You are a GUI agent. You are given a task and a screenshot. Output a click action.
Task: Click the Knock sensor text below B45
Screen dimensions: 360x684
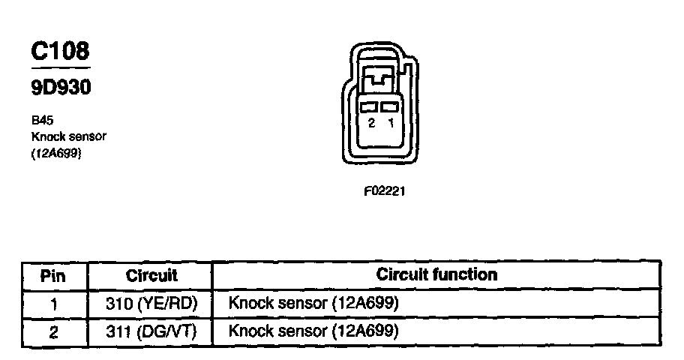69,136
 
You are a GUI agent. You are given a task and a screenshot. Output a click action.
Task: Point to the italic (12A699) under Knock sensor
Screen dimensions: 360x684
56,154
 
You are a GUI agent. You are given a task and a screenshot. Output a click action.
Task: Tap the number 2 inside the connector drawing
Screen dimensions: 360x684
371,124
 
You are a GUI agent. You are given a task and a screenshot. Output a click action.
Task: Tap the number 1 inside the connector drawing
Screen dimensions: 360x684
390,124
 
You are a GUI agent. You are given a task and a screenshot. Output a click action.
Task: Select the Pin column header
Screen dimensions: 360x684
52,275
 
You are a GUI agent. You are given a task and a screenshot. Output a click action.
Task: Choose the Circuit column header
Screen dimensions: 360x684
151,275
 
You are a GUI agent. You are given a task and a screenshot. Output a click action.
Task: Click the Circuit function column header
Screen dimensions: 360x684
436,274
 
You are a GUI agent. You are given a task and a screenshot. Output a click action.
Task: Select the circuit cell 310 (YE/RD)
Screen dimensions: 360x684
151,304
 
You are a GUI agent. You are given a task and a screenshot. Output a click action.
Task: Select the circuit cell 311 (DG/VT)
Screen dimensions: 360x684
151,331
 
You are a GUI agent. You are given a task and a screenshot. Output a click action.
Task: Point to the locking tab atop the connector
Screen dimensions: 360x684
380,77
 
